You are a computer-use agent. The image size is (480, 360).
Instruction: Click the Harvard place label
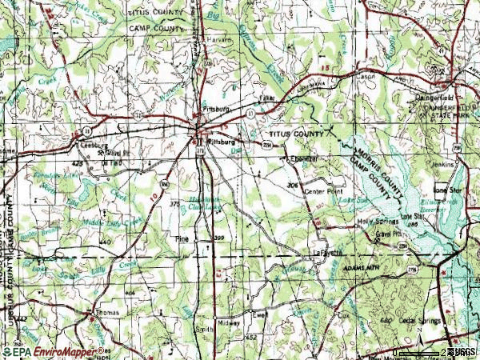point(222,38)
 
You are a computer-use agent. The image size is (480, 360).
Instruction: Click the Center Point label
point(323,192)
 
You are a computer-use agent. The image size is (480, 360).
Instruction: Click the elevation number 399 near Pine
point(219,239)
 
